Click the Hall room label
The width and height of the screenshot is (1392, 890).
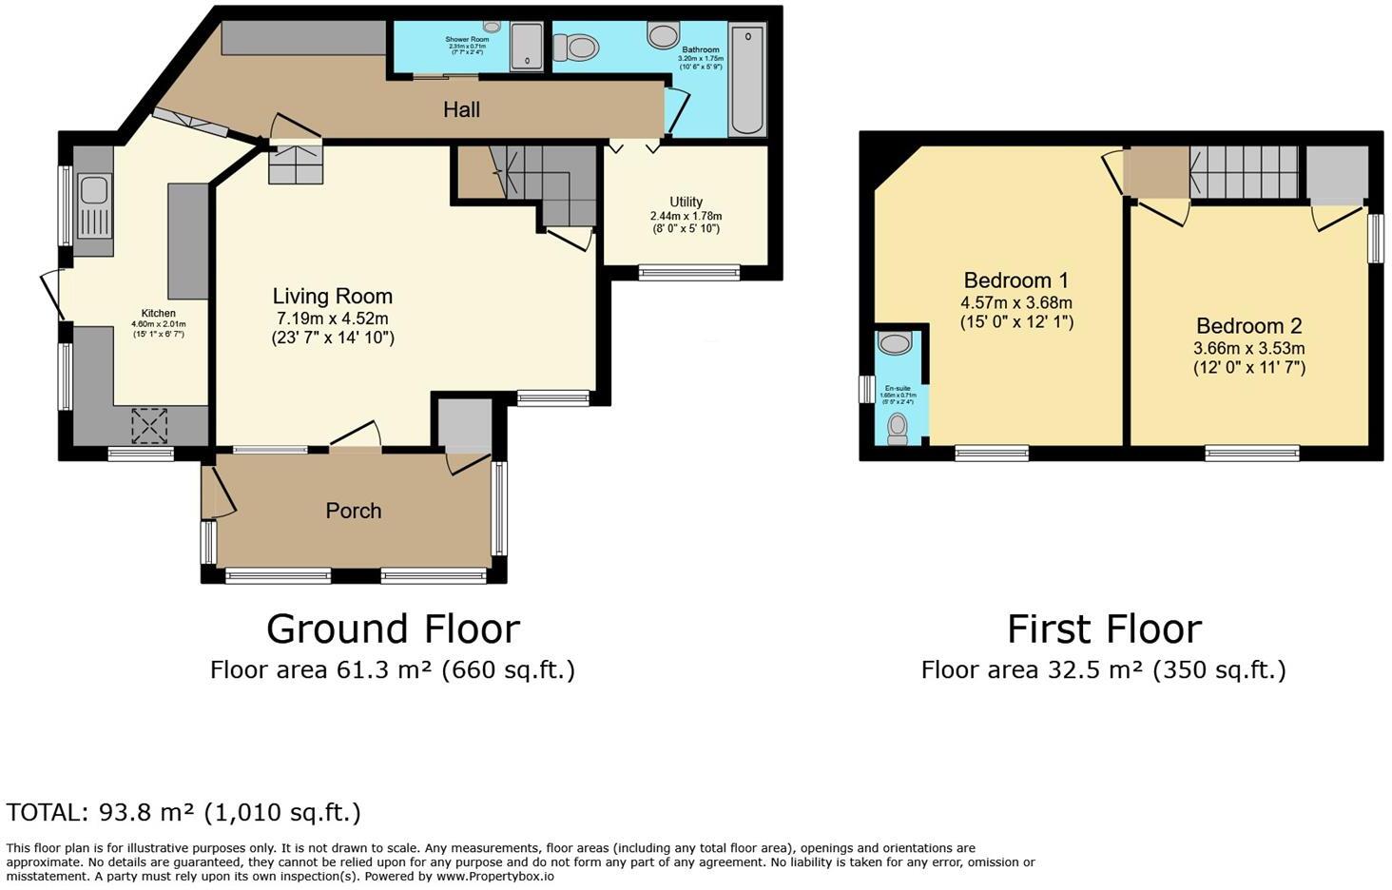coord(461,109)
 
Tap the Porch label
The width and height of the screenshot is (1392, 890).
coord(354,511)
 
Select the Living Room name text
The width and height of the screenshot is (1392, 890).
coord(332,296)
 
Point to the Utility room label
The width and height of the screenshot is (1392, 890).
coord(686,202)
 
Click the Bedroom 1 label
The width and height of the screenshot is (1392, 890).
coord(1015,281)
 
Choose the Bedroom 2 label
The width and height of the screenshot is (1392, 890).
coord(1248,325)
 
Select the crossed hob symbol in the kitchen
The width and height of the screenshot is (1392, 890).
coord(149,425)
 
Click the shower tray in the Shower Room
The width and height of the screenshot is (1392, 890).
coord(525,47)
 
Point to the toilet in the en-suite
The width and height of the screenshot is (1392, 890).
coord(896,429)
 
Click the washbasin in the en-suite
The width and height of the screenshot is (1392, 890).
coord(895,342)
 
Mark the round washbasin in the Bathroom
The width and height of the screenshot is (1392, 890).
coord(663,35)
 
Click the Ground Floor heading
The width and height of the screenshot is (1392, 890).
coord(393,629)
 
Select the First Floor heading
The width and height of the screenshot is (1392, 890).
coord(1104,629)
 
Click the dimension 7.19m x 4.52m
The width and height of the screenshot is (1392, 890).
coord(332,319)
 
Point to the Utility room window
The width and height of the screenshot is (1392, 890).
coord(688,273)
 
